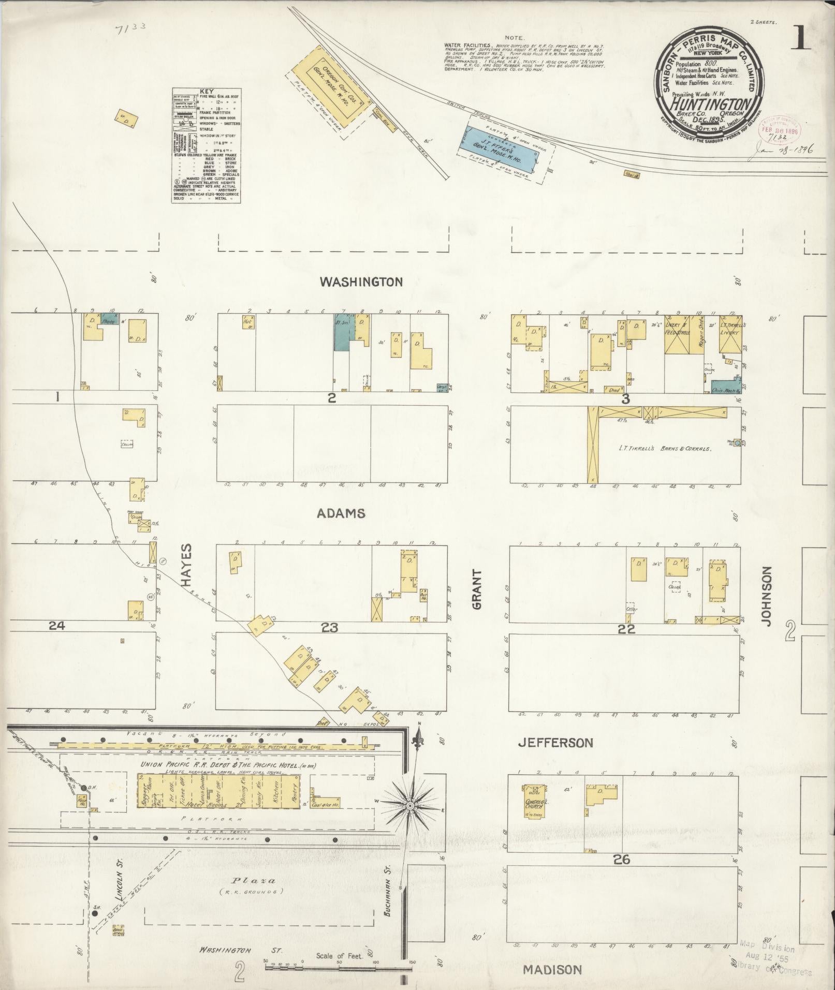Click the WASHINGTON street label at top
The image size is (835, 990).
361,282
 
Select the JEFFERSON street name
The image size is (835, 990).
555,743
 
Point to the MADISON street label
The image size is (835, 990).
552,969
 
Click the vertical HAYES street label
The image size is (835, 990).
187,565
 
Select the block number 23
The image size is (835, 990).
329,628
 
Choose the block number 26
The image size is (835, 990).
621,860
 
